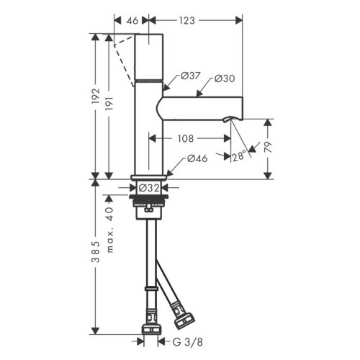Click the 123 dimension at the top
(x=189, y=22)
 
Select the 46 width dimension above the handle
(x=132, y=22)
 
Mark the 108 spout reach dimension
(x=186, y=136)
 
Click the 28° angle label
(x=239, y=153)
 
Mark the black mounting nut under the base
(x=149, y=203)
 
